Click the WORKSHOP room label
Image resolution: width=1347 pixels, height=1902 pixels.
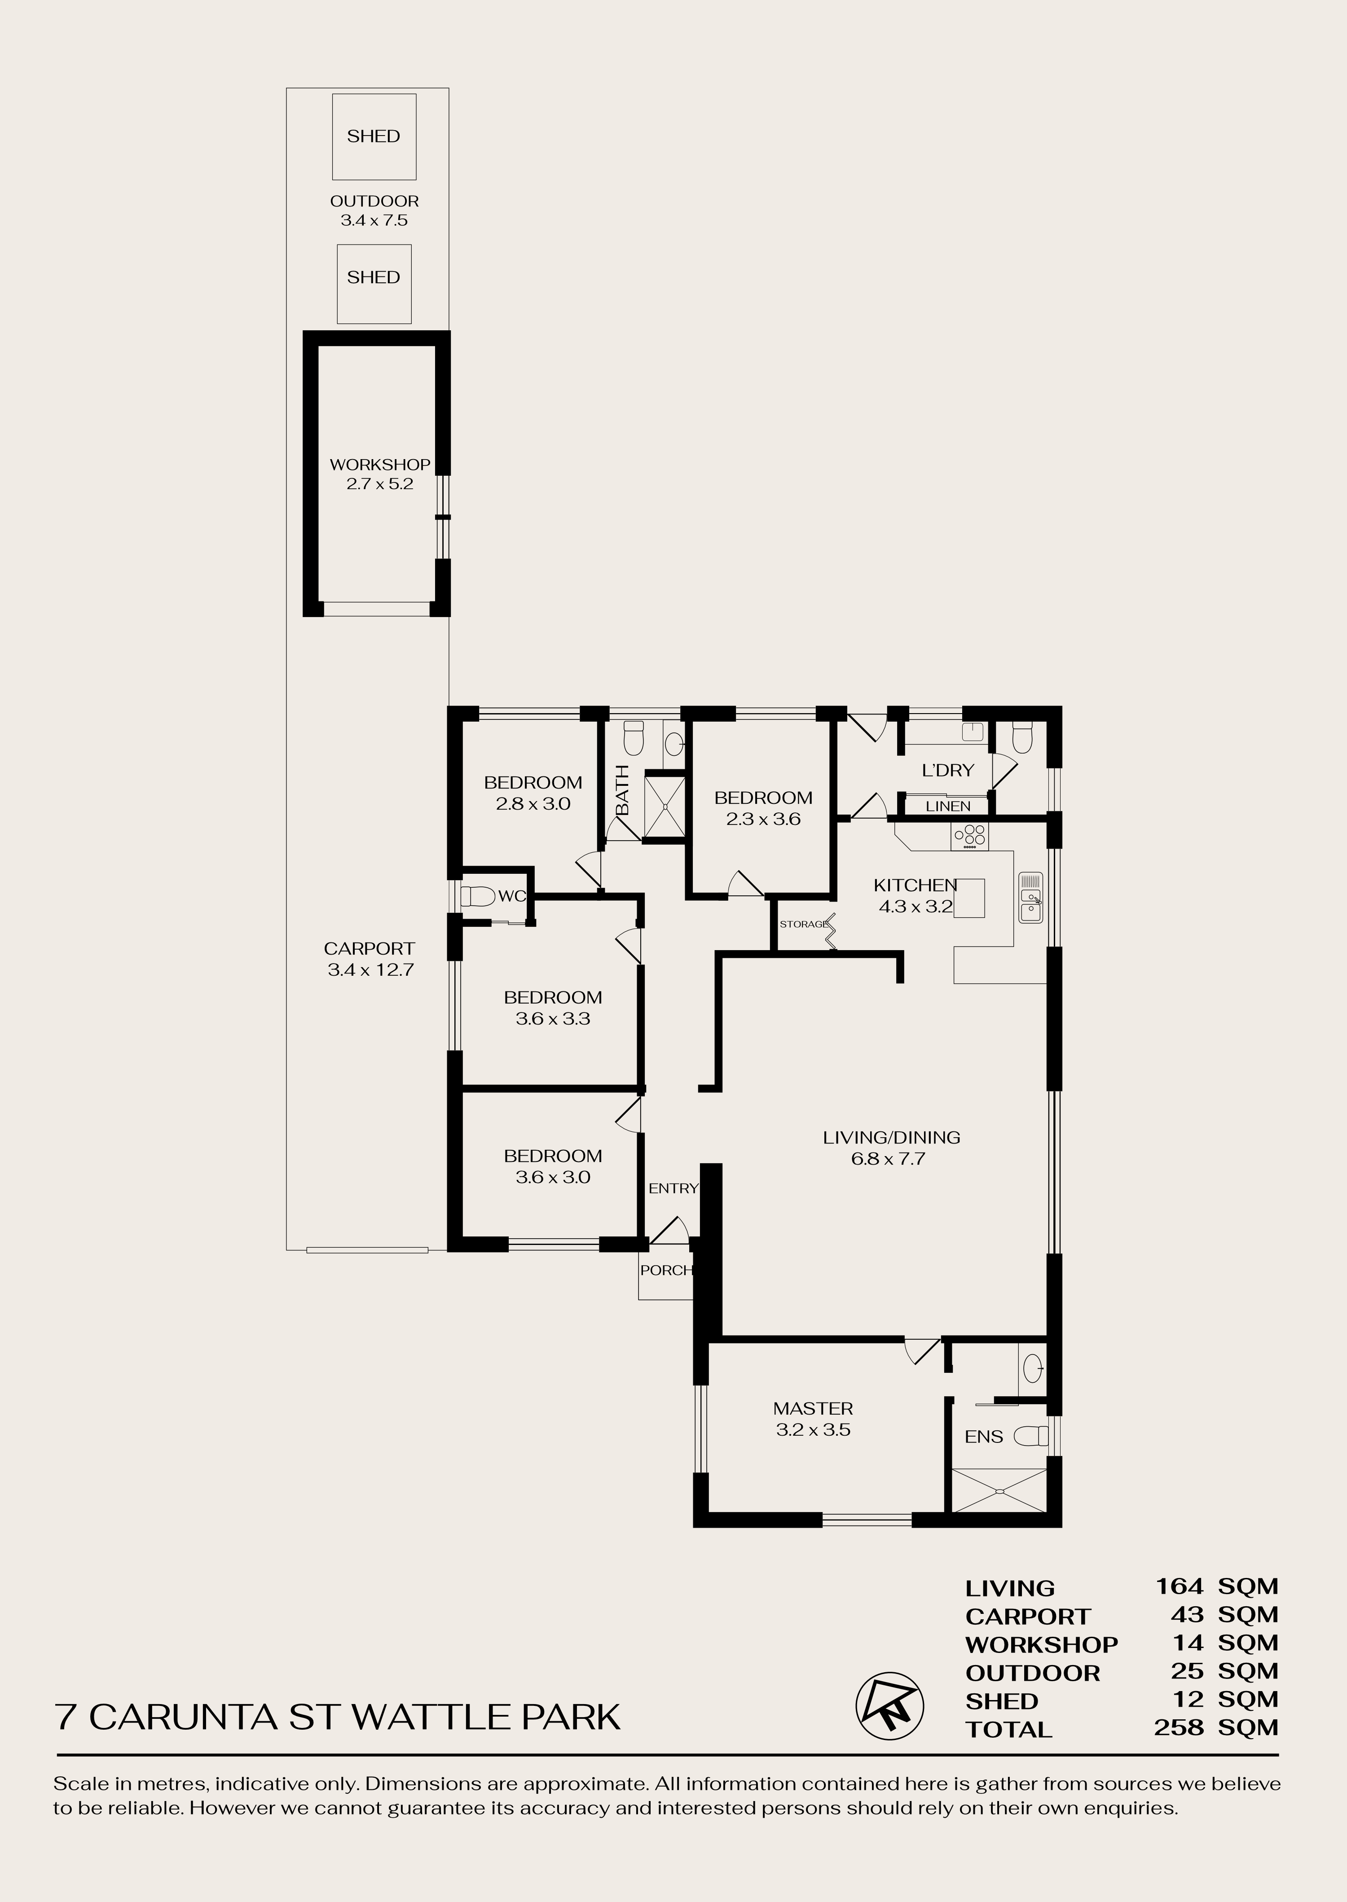click(x=380, y=474)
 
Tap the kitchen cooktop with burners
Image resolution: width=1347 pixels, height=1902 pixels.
click(x=970, y=837)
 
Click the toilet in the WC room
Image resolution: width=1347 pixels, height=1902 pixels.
click(x=477, y=896)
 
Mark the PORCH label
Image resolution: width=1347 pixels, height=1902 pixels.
click(x=666, y=1270)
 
